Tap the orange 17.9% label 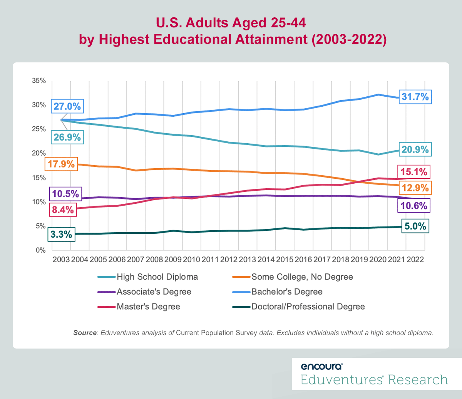point(61,164)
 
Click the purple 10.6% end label point(413,206)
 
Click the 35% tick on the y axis point(38,81)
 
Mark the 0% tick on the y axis point(40,250)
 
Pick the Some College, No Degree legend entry point(302,277)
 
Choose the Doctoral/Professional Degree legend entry point(308,307)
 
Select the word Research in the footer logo point(418,380)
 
